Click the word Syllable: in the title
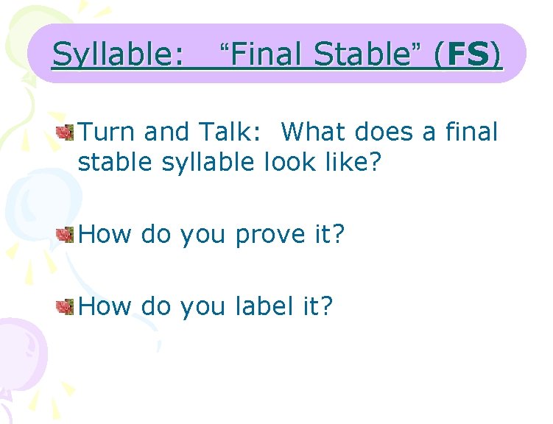118,54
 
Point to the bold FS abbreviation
468,54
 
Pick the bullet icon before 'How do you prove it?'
66,234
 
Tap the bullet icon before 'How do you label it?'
66,306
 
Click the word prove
272,235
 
